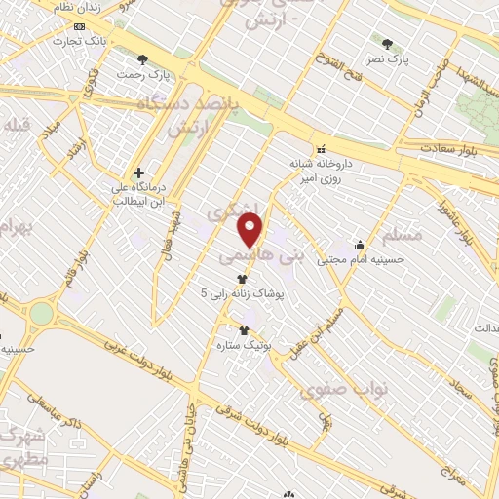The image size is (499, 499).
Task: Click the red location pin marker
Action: click(250, 230)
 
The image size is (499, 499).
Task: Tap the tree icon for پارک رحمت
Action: click(144, 58)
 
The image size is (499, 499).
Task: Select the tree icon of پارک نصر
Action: click(388, 44)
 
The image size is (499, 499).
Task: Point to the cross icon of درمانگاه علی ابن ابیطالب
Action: click(139, 173)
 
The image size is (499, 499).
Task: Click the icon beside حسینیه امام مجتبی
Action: click(361, 246)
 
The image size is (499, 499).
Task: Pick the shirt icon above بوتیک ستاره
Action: click(244, 330)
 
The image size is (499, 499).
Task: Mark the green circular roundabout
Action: click(41, 313)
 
